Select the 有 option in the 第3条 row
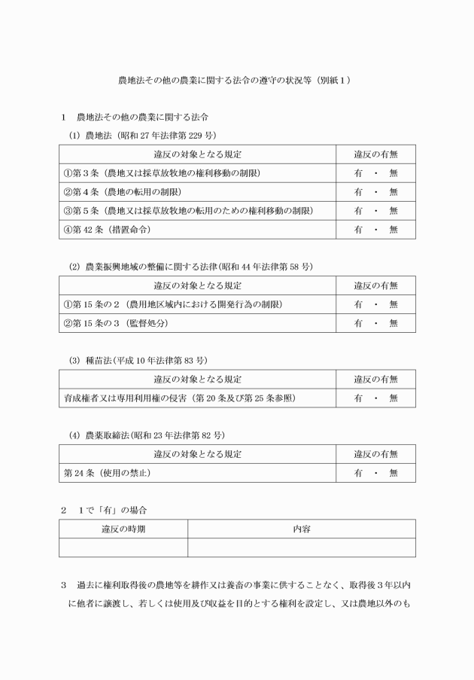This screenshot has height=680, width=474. (359, 173)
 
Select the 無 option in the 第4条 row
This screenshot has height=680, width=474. (393, 192)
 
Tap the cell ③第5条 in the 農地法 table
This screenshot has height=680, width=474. (188, 211)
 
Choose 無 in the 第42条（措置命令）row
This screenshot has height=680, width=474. (393, 230)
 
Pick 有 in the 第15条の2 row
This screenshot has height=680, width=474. (359, 304)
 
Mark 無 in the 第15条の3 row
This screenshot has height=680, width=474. (393, 323)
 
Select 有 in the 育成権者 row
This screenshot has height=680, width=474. (359, 398)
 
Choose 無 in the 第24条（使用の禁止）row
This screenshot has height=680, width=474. (393, 473)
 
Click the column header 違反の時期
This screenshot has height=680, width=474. (123, 529)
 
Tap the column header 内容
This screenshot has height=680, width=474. (301, 529)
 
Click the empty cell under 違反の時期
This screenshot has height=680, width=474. (123, 547)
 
